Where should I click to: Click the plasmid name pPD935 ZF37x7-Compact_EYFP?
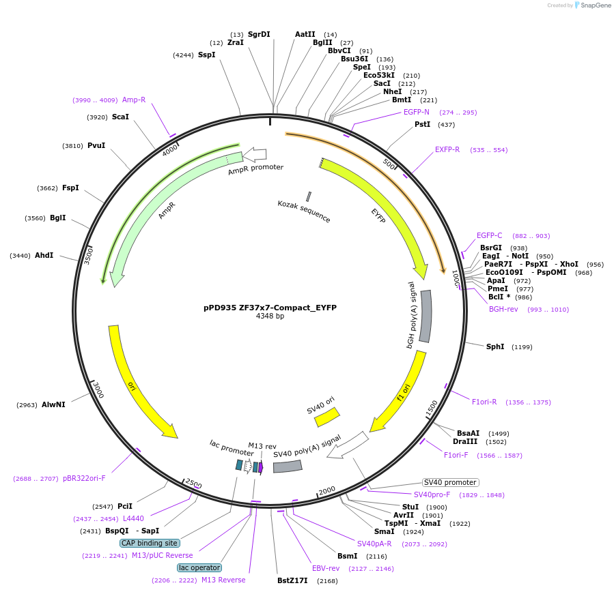click(x=270, y=308)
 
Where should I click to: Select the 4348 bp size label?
click(x=270, y=316)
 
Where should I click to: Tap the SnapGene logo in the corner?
click(x=591, y=5)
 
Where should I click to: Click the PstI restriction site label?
click(x=423, y=125)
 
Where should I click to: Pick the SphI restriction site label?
click(x=495, y=347)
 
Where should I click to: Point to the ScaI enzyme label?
click(x=120, y=117)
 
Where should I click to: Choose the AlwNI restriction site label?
click(x=53, y=405)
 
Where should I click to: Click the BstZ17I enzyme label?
click(x=292, y=581)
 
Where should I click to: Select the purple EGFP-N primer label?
click(x=417, y=113)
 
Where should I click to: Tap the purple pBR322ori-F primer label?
click(x=84, y=479)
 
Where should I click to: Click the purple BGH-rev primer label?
click(x=503, y=310)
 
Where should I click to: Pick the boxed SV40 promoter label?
click(x=450, y=483)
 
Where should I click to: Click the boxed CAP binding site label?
click(x=150, y=544)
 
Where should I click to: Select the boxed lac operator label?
click(x=199, y=567)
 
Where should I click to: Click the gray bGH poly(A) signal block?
click(x=425, y=316)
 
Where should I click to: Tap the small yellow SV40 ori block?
click(x=326, y=417)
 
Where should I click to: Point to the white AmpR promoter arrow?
click(x=255, y=155)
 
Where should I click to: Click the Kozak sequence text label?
click(x=304, y=211)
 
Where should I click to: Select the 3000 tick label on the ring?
click(x=98, y=391)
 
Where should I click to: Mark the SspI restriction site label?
click(x=206, y=55)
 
